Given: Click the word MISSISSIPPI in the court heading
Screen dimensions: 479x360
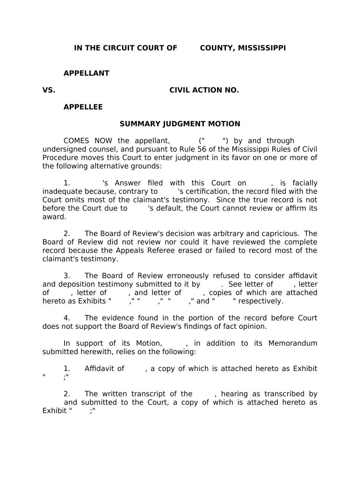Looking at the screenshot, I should (261, 48).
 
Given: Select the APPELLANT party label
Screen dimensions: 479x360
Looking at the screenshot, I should (86, 73).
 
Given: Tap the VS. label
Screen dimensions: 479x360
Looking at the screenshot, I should (49, 90).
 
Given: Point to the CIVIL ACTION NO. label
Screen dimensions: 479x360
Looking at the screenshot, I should (204, 90).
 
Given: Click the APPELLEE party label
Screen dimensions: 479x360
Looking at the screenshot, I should (83, 107).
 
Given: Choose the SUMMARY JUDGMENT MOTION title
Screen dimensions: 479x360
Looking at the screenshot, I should (180, 124).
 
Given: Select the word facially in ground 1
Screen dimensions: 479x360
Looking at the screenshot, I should (305, 183).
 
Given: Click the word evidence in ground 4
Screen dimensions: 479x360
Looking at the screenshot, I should (116, 318).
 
